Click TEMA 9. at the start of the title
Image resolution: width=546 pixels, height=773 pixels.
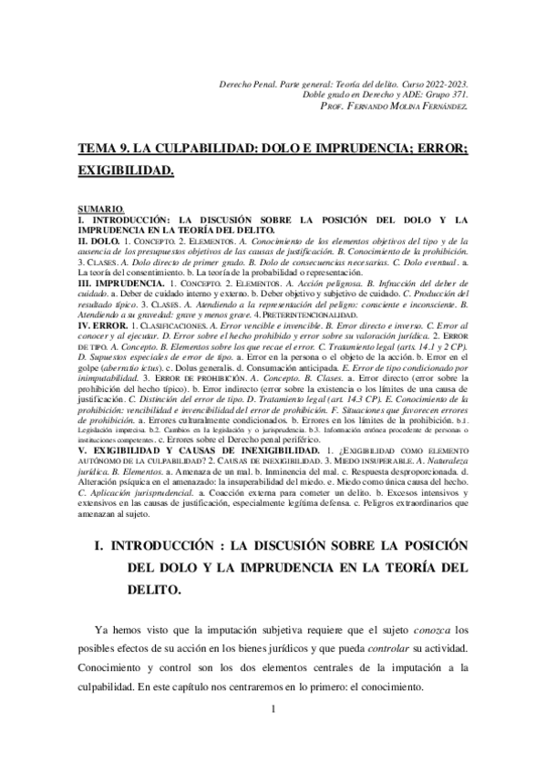(102, 148)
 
